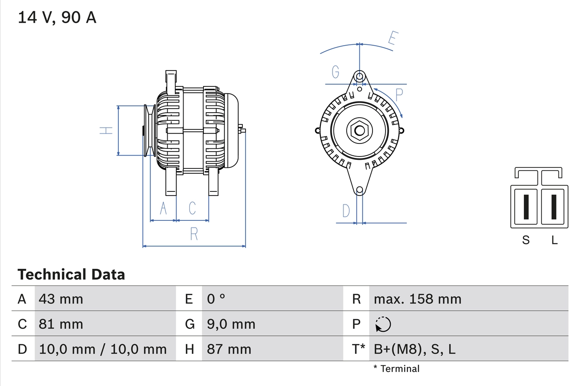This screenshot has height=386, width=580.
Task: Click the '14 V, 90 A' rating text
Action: click(57, 18)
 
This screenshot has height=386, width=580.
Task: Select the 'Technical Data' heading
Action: click(71, 275)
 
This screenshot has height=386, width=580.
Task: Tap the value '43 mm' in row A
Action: click(61, 299)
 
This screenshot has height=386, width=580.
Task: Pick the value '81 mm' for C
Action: click(61, 324)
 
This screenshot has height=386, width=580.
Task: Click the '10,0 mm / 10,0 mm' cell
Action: click(103, 349)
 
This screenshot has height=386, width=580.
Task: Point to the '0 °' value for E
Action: click(216, 299)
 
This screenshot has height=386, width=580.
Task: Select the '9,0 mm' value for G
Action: click(231, 324)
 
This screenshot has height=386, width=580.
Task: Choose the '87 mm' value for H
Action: click(229, 349)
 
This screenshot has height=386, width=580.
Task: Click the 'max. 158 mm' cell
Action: click(417, 299)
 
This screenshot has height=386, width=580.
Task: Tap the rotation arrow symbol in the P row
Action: click(383, 324)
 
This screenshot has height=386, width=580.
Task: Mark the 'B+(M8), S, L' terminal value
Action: click(415, 349)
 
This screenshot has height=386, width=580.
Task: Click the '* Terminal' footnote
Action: click(396, 369)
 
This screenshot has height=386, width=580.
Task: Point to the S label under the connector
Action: click(526, 240)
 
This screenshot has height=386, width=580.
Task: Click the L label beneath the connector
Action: click(554, 240)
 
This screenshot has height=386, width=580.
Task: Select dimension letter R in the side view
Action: click(194, 234)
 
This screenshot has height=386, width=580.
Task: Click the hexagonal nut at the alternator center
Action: click(359, 131)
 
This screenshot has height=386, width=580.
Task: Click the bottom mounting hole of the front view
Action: click(359, 191)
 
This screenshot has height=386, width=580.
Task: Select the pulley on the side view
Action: click(150, 131)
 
